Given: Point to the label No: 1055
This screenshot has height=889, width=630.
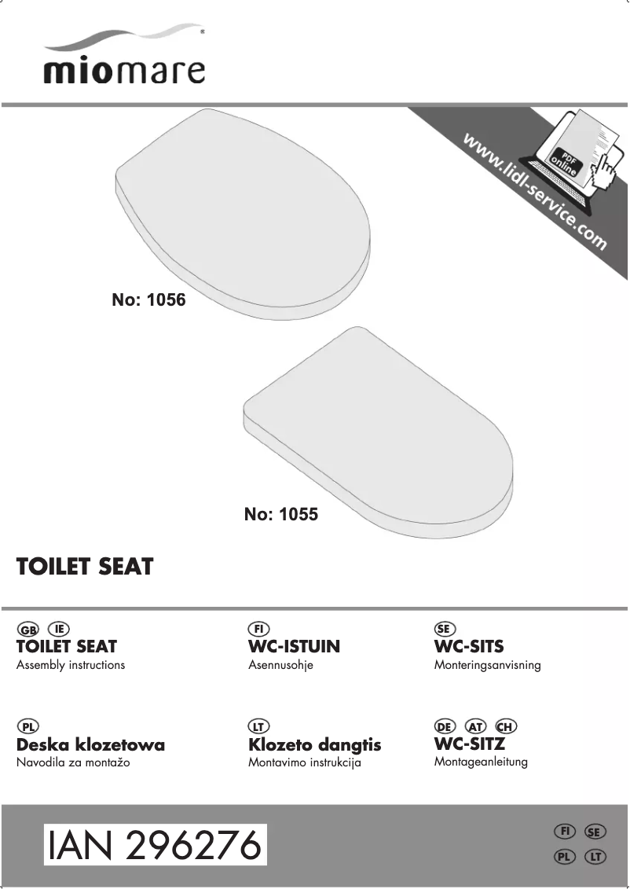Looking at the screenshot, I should [x=281, y=515].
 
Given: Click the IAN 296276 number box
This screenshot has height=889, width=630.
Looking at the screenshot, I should [x=155, y=846].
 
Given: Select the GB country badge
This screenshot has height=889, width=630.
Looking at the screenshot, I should [x=27, y=630].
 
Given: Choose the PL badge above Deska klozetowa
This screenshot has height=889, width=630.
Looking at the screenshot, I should [x=27, y=726].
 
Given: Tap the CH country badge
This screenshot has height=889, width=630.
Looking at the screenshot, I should [x=505, y=726].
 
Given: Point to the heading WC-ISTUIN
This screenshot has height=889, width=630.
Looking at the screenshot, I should [x=294, y=647].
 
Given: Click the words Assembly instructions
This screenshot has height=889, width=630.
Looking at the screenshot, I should [x=71, y=665].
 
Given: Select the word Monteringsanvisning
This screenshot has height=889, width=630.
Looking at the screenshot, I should [x=487, y=665].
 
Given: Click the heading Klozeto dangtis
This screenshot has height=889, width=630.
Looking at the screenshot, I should [x=314, y=744].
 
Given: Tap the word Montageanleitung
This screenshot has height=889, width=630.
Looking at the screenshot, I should [x=481, y=762].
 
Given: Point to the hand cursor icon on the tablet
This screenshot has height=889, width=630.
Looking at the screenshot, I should [x=603, y=169].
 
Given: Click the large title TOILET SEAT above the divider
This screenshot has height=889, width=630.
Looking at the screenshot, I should [x=85, y=567].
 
